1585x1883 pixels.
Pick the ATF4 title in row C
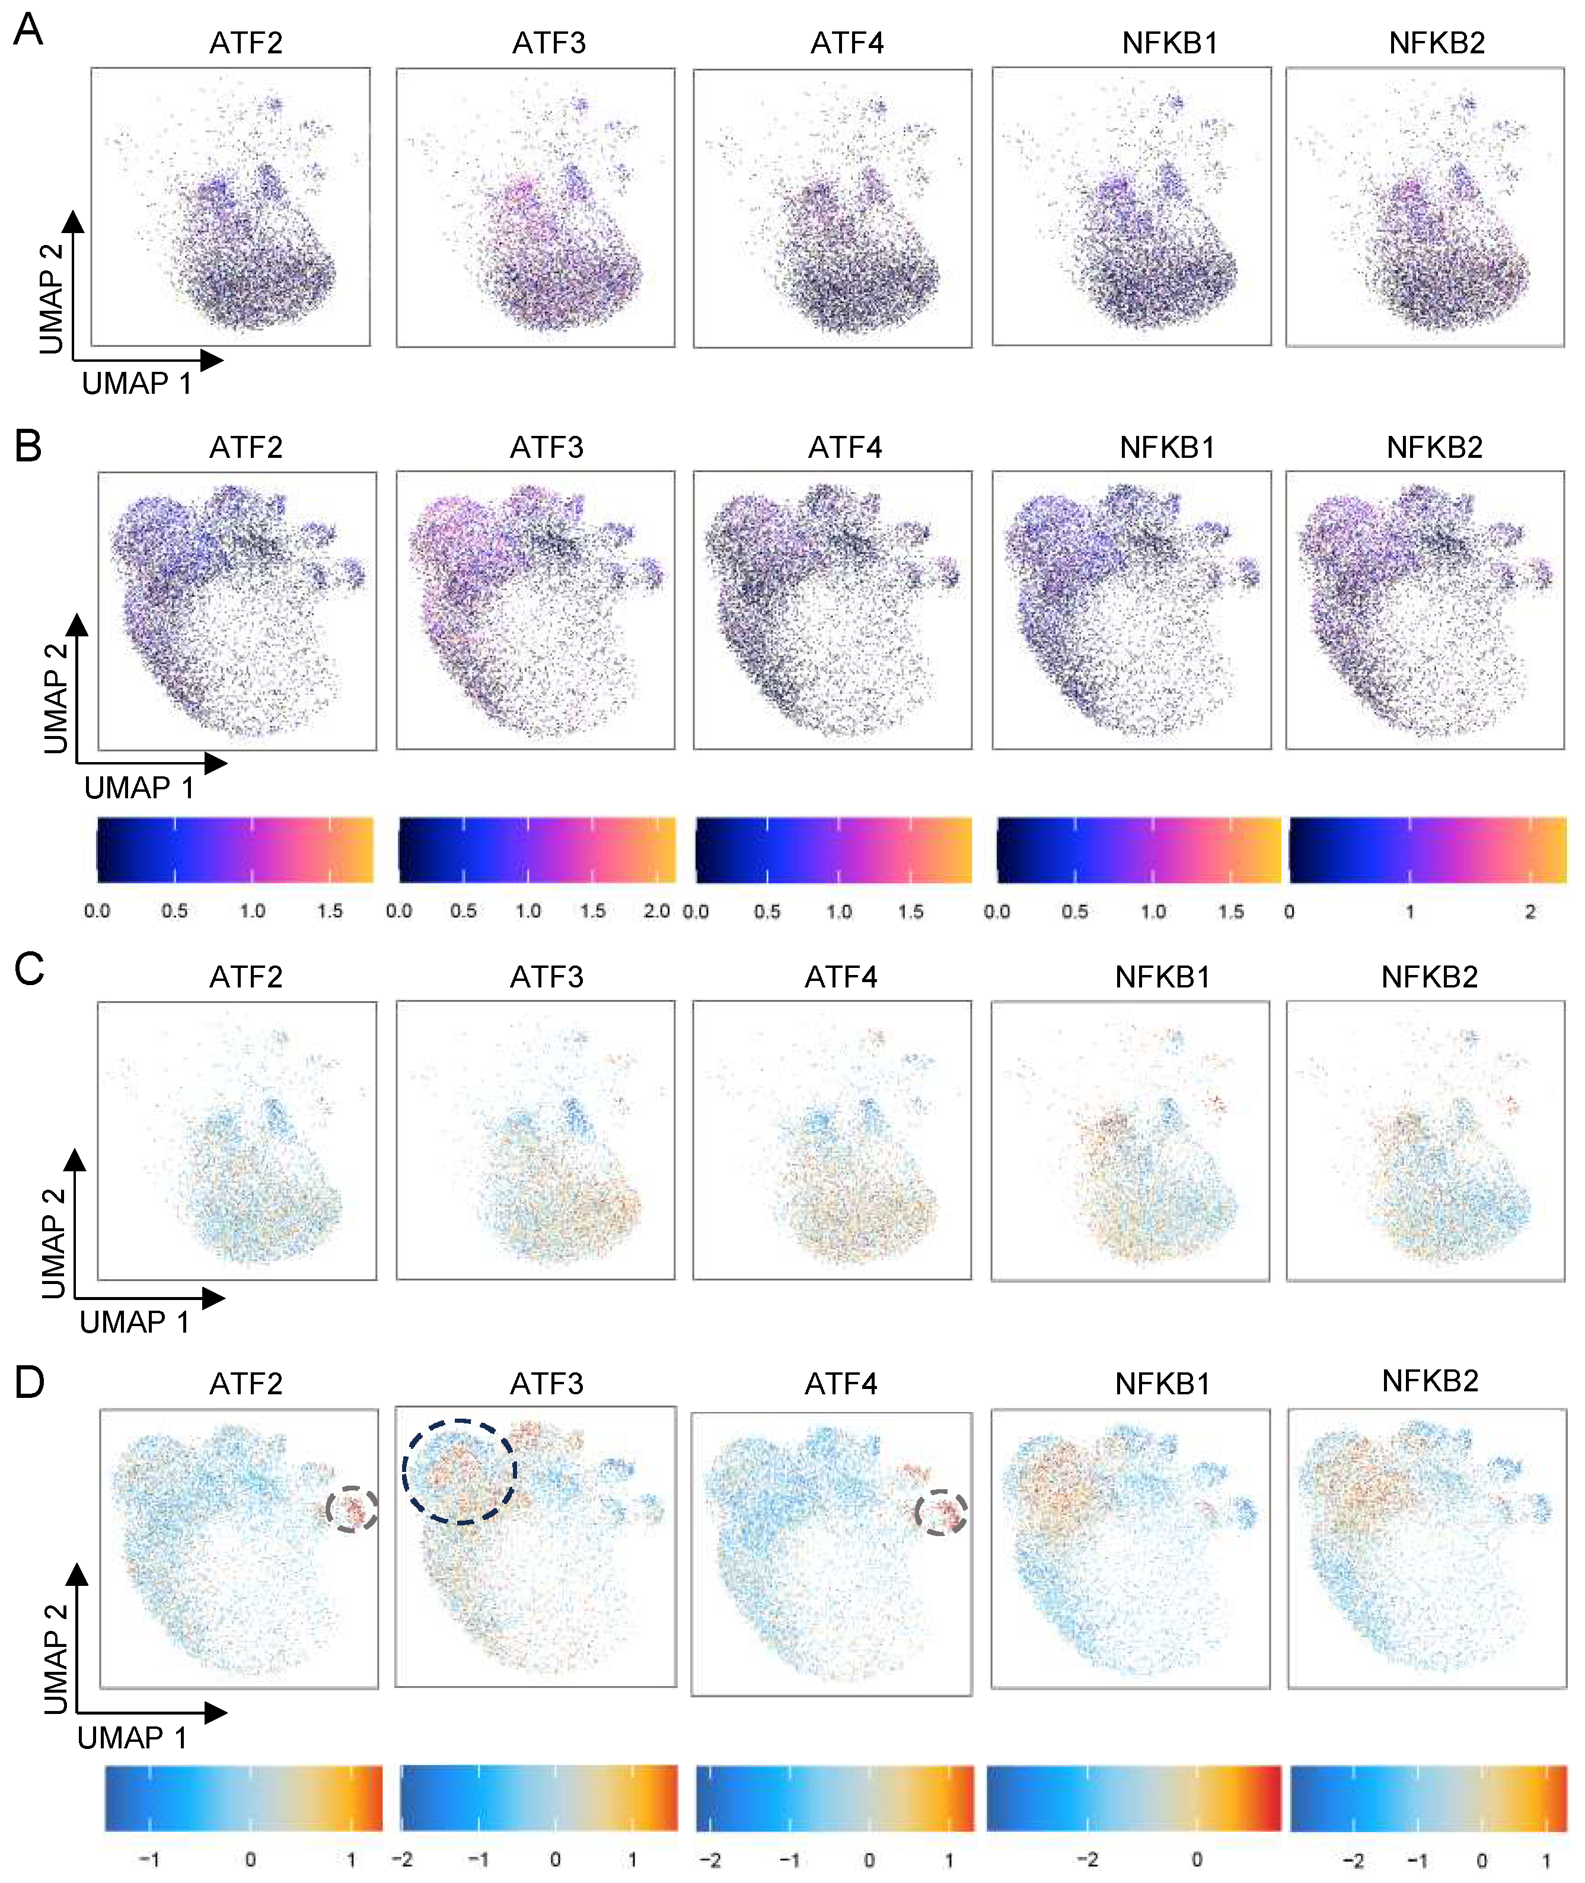click(x=840, y=977)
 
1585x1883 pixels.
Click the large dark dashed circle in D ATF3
click(x=459, y=1471)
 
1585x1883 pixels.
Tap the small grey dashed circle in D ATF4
click(x=941, y=1512)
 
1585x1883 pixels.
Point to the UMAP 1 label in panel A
click(x=136, y=384)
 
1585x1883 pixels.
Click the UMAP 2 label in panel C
click(x=54, y=1243)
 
